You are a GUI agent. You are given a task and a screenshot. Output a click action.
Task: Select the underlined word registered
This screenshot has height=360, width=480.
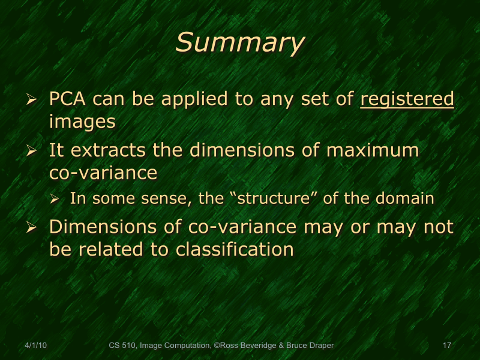point(407,99)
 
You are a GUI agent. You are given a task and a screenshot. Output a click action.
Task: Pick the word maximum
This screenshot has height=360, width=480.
point(373,150)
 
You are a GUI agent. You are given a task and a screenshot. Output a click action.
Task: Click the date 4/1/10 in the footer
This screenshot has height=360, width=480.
point(37,346)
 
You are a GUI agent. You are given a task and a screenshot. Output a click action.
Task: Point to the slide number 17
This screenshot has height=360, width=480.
point(446,346)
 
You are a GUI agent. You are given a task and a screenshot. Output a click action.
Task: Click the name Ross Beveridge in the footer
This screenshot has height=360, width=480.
point(246,346)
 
